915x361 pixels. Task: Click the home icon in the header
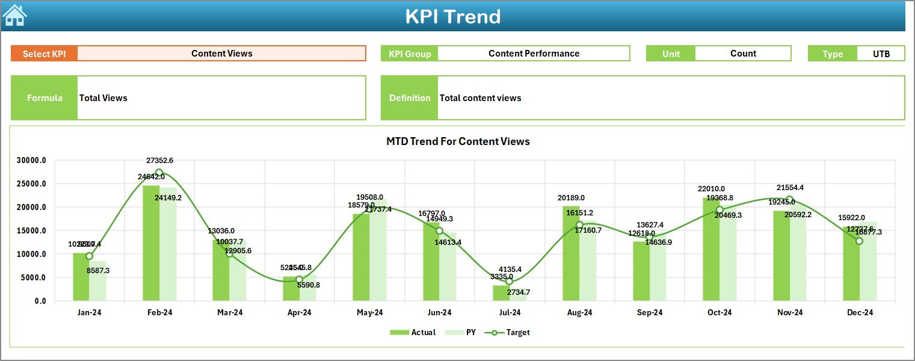15,15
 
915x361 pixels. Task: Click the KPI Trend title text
452,16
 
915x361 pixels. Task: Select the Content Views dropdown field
221,54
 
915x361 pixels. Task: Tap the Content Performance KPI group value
534,54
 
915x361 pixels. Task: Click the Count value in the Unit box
743,54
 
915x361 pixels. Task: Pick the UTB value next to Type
881,54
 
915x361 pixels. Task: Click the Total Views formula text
103,98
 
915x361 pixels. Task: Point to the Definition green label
410,98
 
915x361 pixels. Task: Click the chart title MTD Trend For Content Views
458,141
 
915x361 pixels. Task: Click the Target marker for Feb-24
159,173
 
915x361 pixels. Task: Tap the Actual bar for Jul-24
501,293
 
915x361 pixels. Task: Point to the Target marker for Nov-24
789,200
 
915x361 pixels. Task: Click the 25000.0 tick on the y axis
31,184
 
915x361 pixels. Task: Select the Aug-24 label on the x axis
579,313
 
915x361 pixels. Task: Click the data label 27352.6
159,161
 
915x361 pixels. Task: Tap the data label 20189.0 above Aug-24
571,198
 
